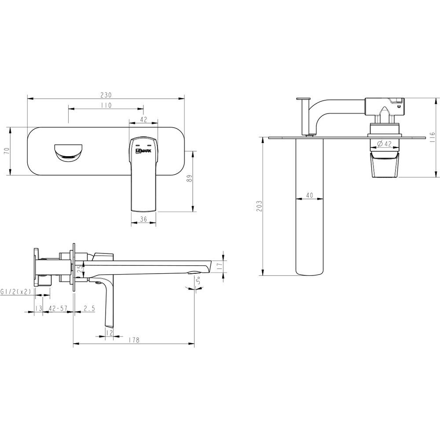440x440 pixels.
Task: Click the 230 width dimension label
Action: tap(106, 95)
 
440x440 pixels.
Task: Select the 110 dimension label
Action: tap(106, 106)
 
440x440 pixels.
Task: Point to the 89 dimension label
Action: tap(190, 179)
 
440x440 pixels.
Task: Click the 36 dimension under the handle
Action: tap(143, 219)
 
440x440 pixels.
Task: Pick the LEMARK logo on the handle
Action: tap(143, 150)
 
